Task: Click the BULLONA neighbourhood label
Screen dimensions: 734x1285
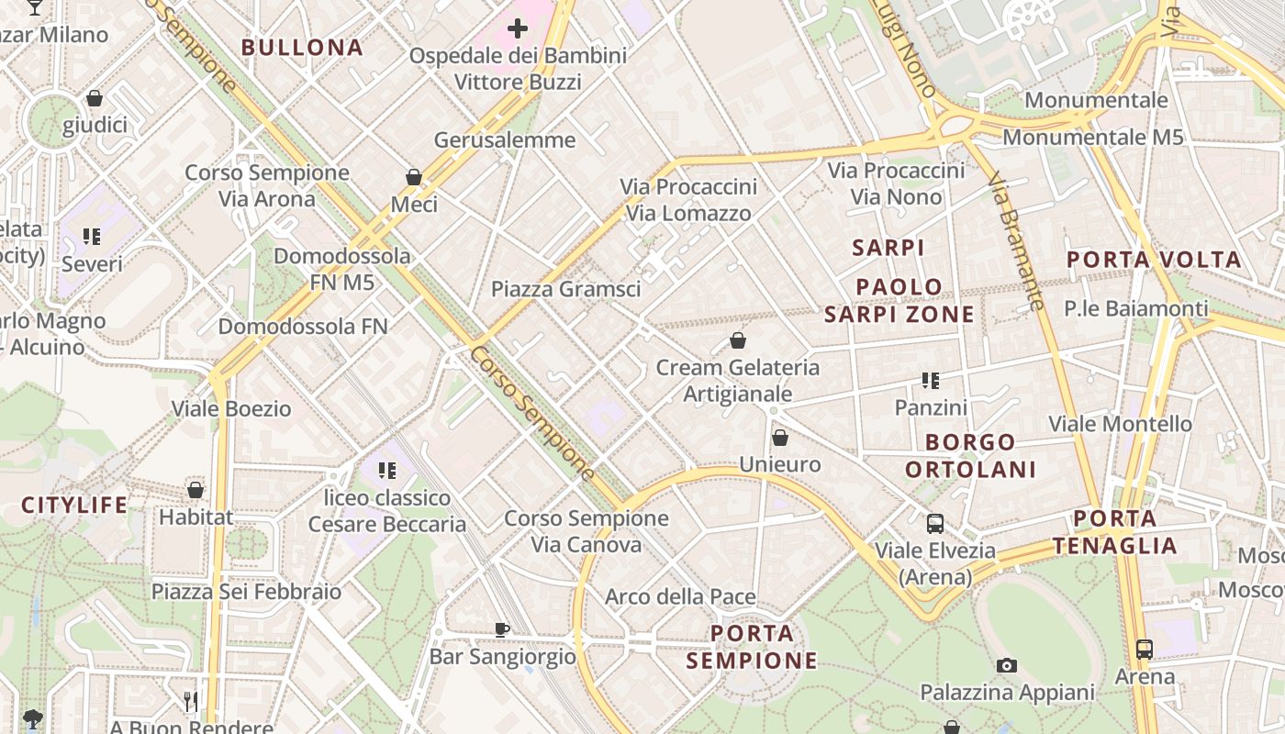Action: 302,48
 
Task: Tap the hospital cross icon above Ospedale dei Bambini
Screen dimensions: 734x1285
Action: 518,28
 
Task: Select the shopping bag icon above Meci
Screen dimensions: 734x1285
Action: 414,177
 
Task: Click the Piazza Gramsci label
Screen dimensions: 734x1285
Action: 565,289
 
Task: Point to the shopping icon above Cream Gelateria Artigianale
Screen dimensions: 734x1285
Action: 738,341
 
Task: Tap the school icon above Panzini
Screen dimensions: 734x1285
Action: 931,381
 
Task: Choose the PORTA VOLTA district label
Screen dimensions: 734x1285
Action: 1154,260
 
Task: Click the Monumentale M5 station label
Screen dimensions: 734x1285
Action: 1092,138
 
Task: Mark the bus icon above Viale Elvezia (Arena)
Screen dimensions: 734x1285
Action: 935,524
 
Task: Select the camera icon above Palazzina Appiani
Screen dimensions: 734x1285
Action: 1007,665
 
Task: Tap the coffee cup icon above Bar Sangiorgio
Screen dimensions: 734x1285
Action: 501,629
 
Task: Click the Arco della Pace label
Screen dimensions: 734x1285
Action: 680,597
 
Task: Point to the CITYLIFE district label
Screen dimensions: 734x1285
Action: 75,505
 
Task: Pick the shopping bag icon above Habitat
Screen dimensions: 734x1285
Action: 196,490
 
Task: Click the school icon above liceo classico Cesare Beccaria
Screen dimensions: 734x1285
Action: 387,471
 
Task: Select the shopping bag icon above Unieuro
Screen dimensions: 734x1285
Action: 779,438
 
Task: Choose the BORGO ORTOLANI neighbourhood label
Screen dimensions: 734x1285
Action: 970,456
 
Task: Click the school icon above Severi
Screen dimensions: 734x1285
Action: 92,238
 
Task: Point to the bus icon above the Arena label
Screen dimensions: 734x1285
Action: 1145,650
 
